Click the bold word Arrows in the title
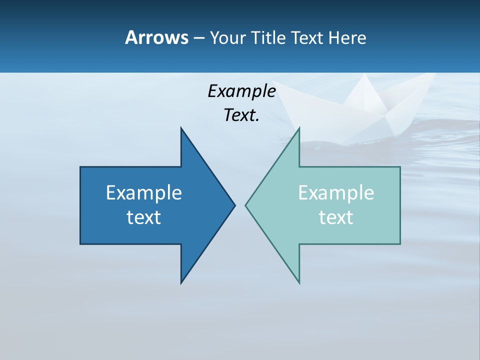pyautogui.click(x=156, y=37)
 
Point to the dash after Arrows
pyautogui.click(x=198, y=38)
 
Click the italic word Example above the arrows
pyautogui.click(x=241, y=91)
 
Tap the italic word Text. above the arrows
pyautogui.click(x=241, y=115)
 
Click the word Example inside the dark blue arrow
pyautogui.click(x=144, y=192)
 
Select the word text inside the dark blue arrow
pyautogui.click(x=144, y=217)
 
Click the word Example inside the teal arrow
pyautogui.click(x=336, y=192)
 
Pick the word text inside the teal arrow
pyautogui.click(x=336, y=217)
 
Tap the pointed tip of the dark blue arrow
pyautogui.click(x=234, y=205)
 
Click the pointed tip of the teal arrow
pyautogui.click(x=246, y=205)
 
